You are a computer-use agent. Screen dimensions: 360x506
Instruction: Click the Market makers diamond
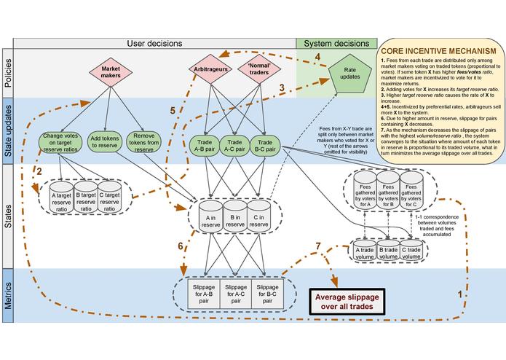coord(106,74)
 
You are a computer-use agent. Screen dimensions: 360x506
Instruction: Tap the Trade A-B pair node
coord(203,144)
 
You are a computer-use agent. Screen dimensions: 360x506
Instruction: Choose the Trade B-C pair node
coord(265,144)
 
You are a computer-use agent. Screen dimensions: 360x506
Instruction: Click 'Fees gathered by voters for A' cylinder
coord(359,193)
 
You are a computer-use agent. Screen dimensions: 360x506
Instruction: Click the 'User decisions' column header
coord(154,42)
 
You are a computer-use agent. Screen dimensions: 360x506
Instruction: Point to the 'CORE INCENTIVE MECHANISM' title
coord(439,40)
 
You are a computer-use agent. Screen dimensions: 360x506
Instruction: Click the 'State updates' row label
coord(7,131)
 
